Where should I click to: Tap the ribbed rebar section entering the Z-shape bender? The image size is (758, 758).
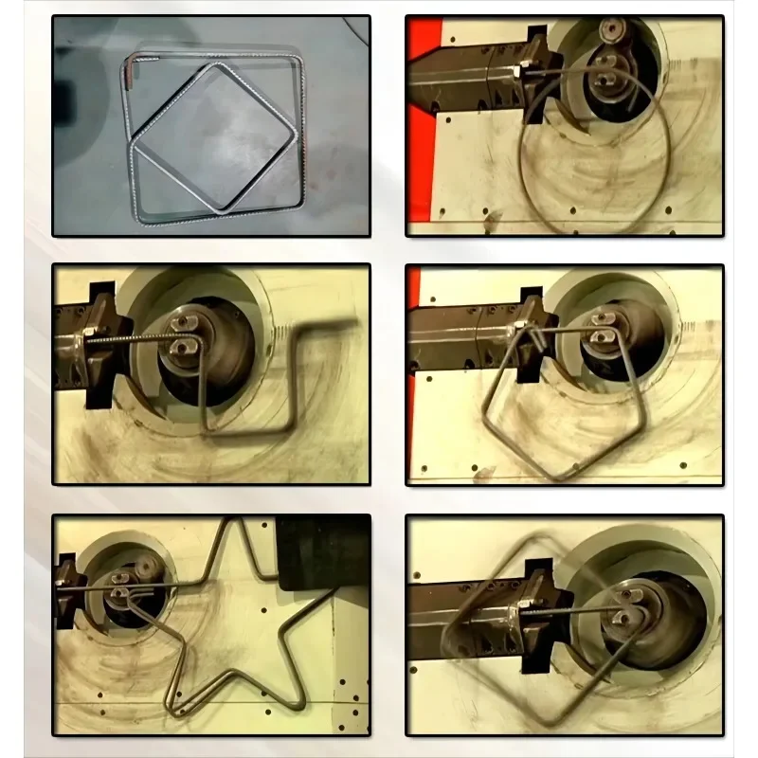point(137,334)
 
